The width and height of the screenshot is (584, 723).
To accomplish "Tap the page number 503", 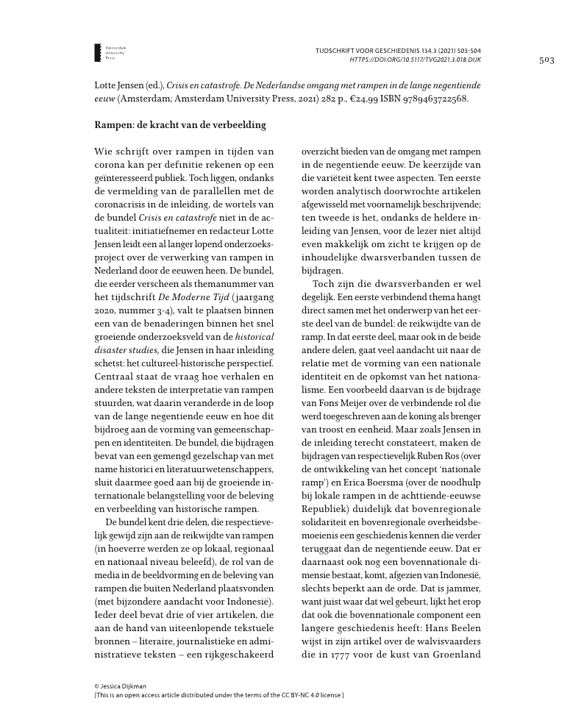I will coord(546,60).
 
